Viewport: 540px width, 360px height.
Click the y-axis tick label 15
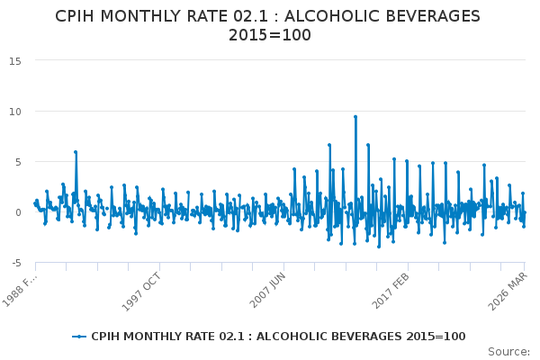click(x=16, y=60)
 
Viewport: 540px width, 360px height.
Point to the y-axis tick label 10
click(x=16, y=111)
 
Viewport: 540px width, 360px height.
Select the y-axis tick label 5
click(x=19, y=161)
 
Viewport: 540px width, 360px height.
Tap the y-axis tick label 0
click(x=19, y=212)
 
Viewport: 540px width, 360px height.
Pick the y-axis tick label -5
click(x=16, y=263)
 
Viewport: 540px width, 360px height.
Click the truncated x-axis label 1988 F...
click(x=23, y=286)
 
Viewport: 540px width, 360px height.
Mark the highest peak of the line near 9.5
click(x=355, y=116)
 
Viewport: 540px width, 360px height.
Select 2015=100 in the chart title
click(x=270, y=35)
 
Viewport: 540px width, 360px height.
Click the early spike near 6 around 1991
click(x=76, y=152)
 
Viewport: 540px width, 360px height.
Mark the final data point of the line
click(x=525, y=212)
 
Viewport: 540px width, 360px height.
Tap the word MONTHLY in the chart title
click(x=149, y=16)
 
